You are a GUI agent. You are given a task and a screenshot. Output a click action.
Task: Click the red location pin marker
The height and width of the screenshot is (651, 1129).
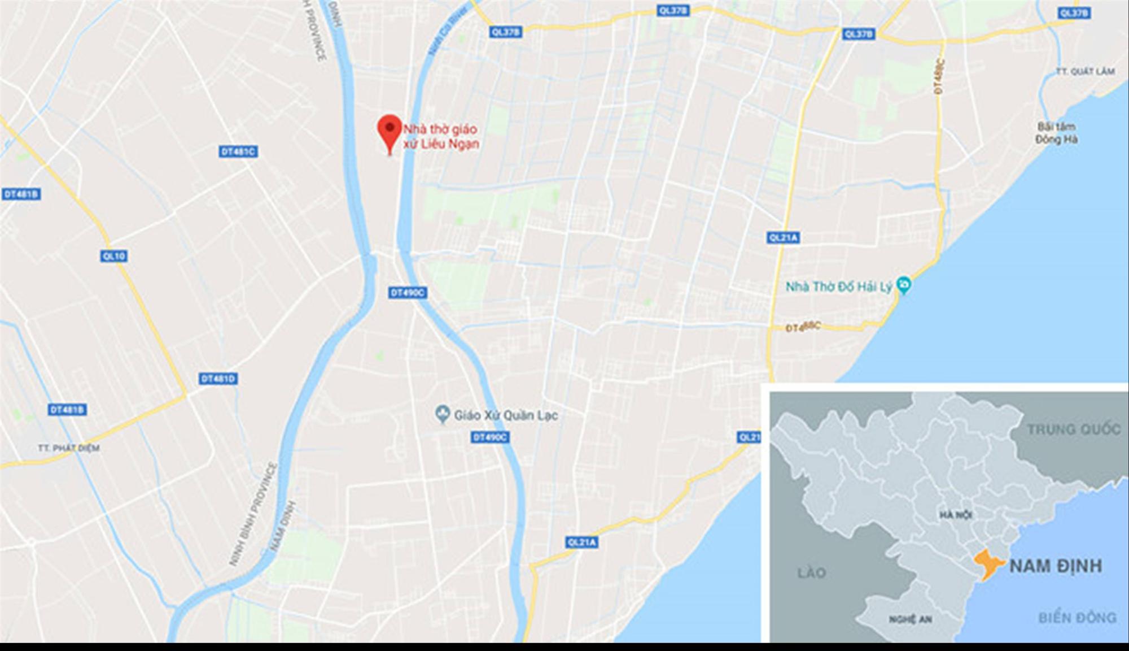coord(390,131)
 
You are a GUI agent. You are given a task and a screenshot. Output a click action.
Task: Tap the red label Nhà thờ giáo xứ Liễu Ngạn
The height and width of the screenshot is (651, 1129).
coord(440,136)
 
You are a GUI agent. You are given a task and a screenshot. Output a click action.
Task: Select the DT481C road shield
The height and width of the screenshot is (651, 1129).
coord(238,151)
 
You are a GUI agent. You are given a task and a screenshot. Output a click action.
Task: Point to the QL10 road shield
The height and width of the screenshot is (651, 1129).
coord(114,256)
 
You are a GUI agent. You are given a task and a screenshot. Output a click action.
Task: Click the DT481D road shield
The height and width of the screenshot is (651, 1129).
coord(218,379)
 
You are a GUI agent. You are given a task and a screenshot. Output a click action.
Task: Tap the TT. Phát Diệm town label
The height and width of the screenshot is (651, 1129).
coord(69,448)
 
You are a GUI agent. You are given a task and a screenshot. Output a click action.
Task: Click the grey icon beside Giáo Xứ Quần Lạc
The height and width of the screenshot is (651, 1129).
coord(443,415)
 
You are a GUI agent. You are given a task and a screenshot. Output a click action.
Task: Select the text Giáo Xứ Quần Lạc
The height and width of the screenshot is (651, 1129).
coord(506,415)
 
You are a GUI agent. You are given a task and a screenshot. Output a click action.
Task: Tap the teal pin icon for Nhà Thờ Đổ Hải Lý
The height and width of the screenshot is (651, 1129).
coord(904,286)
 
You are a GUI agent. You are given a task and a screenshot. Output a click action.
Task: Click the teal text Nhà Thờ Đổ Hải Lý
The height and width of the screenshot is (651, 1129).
coord(838,287)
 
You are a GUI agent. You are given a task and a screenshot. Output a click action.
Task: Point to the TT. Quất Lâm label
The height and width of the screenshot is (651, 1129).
coord(1085,72)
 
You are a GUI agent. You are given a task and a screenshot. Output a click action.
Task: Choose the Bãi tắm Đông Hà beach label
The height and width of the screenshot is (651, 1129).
coord(1056,133)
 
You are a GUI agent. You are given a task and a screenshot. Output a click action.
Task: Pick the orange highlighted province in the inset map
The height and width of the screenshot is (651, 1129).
coord(987,564)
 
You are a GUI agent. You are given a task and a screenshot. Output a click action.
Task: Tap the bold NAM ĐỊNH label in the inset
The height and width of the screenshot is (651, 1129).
coord(1055,566)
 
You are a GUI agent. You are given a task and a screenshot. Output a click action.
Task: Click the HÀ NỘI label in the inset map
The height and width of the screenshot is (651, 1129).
coord(956,515)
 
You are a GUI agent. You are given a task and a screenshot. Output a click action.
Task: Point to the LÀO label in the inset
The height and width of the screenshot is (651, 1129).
coord(811,573)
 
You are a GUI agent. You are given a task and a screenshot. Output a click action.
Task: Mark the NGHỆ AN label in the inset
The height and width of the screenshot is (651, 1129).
coord(911,619)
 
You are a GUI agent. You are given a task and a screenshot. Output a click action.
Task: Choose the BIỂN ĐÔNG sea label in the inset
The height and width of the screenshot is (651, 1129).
coord(1077,618)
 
